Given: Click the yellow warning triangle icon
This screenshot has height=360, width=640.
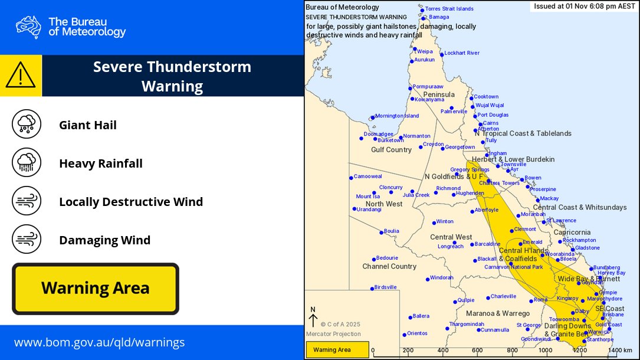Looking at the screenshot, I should (x=21, y=76).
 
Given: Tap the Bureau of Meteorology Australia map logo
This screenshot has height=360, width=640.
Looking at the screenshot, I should (x=28, y=27).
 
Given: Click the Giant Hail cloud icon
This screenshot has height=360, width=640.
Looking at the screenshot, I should (x=27, y=125).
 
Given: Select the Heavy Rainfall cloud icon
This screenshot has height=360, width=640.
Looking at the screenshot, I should (x=27, y=163).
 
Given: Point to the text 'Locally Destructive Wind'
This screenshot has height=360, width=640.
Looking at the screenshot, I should (x=131, y=202).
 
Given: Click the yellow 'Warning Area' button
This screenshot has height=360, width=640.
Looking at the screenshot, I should (x=96, y=289).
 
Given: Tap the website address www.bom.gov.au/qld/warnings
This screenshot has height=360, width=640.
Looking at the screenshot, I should (x=99, y=342).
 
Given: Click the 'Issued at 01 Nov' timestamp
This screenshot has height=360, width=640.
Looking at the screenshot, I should (x=584, y=6).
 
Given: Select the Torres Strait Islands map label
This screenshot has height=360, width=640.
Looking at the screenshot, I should (x=449, y=9).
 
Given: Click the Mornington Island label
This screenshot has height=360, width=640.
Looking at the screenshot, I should (x=396, y=116).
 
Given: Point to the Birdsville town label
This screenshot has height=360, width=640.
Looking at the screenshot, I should (x=386, y=287).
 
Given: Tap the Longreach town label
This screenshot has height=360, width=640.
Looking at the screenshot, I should (x=450, y=246).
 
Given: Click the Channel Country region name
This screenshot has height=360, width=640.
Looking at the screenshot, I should (x=389, y=266).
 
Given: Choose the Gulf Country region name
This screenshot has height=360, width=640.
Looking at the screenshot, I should (x=391, y=150).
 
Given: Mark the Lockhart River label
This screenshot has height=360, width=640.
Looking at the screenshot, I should (x=461, y=53).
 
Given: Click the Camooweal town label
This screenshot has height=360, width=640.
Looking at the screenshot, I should (x=368, y=176).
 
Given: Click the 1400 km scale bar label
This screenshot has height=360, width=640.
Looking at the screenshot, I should (x=620, y=350).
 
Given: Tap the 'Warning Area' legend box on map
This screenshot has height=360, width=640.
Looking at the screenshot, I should (x=337, y=350).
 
